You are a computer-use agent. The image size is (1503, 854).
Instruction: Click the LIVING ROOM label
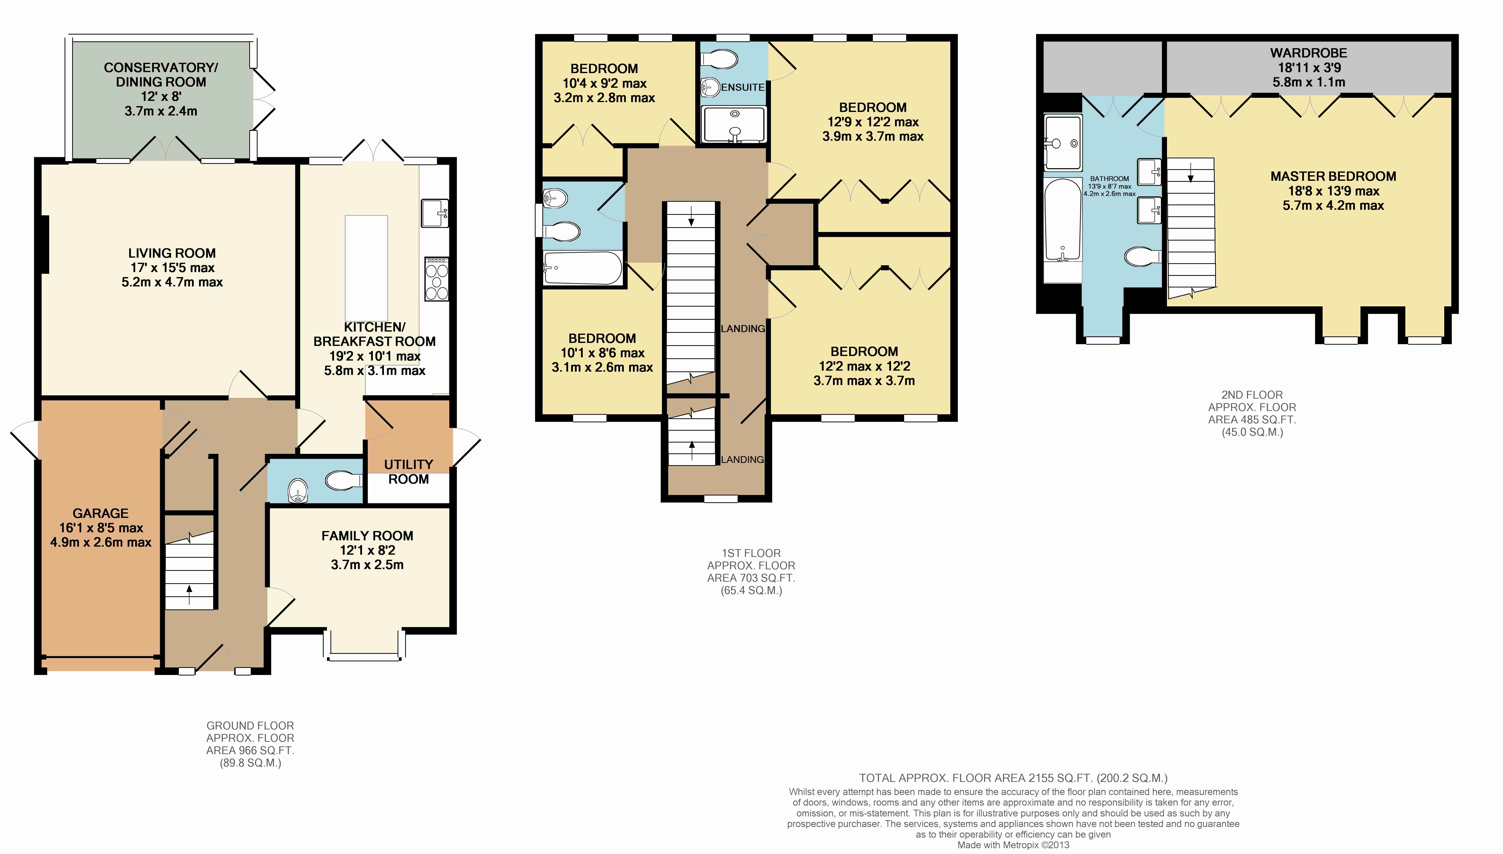point(172,253)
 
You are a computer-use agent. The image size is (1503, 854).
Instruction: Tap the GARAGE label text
point(100,513)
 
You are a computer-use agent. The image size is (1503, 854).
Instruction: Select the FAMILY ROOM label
point(367,536)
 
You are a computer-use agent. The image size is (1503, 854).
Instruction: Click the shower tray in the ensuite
point(735,124)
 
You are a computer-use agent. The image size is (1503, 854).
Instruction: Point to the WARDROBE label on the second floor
point(1309,53)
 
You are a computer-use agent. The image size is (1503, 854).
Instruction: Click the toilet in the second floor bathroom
point(1143,256)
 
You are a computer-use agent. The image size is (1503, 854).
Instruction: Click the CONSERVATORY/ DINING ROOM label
point(161,74)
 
